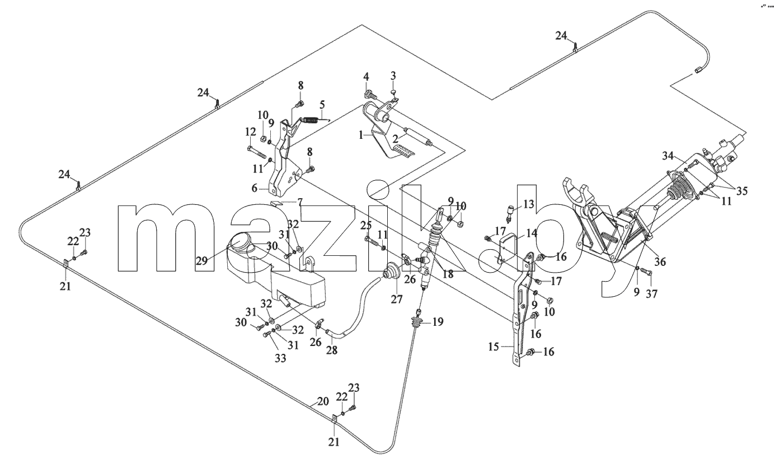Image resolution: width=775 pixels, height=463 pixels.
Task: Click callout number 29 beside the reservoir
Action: tap(201, 260)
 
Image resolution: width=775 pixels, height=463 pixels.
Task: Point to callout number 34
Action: tap(668, 156)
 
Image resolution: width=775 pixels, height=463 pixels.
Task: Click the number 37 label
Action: tap(651, 294)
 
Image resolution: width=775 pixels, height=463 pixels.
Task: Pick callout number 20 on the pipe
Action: tap(323, 401)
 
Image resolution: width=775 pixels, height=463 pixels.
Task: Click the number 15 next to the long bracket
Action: tap(494, 347)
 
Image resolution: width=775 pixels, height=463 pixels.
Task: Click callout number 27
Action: tap(397, 299)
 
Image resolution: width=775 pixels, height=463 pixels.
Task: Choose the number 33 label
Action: tap(280, 358)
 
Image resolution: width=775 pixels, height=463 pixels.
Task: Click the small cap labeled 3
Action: tap(393, 92)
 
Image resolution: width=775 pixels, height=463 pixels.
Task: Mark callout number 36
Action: tap(660, 261)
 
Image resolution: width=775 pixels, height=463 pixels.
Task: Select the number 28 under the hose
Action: tap(332, 350)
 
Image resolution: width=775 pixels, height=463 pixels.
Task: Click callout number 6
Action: tap(255, 188)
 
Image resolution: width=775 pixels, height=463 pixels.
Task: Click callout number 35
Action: tap(742, 191)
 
